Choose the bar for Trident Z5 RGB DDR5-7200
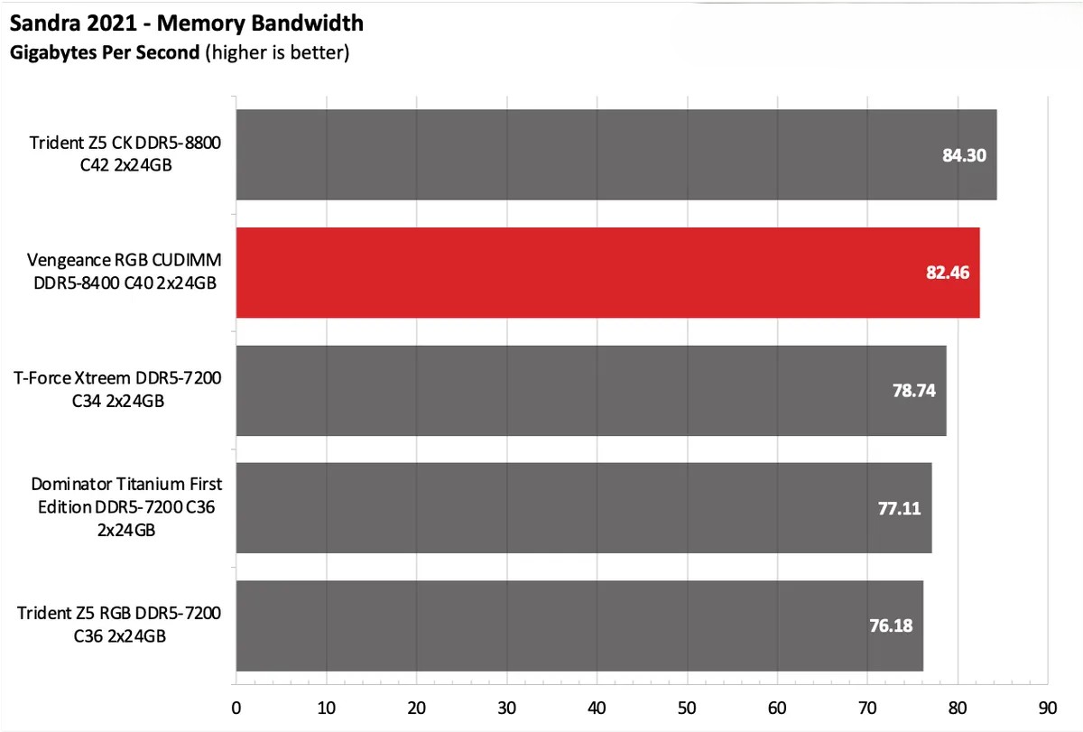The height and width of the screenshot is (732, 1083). [579, 625]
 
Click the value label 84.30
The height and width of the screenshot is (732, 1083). [964, 155]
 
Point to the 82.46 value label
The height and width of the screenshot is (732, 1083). [947, 273]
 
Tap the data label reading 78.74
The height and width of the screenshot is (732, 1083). [913, 390]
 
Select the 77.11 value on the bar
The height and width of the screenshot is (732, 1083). [899, 508]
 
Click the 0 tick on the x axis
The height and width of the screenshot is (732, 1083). [236, 708]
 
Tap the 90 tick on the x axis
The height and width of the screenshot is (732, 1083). [1047, 708]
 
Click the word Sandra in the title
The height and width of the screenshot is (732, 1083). [42, 21]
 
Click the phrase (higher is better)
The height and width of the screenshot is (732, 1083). [276, 52]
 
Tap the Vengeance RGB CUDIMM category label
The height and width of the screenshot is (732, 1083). [125, 272]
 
